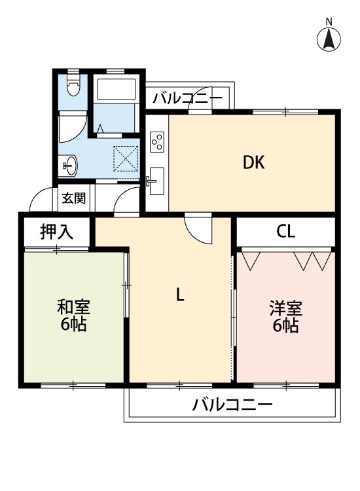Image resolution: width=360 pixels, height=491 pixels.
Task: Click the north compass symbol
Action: click(x=329, y=40)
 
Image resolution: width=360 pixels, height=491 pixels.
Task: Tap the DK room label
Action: click(x=254, y=163)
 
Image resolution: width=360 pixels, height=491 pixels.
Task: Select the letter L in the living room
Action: click(x=179, y=295)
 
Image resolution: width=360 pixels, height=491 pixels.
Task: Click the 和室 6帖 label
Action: click(x=73, y=315)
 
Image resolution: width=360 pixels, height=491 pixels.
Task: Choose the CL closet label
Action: click(x=285, y=231)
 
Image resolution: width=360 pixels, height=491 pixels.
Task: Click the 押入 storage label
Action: click(x=56, y=231)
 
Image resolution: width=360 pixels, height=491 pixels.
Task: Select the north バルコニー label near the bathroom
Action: click(x=187, y=99)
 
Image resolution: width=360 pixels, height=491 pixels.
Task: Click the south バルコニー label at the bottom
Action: click(x=232, y=405)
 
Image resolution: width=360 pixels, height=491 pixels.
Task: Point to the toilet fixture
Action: click(x=73, y=85)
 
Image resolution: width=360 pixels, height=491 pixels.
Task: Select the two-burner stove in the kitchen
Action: click(x=157, y=141)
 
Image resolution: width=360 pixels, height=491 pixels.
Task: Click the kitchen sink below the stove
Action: click(x=156, y=180)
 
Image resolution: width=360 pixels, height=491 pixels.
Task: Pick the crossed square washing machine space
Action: click(x=126, y=157)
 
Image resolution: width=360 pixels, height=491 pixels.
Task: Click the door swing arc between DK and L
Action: click(x=198, y=230)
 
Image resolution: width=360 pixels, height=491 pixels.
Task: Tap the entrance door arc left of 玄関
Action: click(x=42, y=199)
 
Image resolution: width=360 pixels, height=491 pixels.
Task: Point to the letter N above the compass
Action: click(x=329, y=22)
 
